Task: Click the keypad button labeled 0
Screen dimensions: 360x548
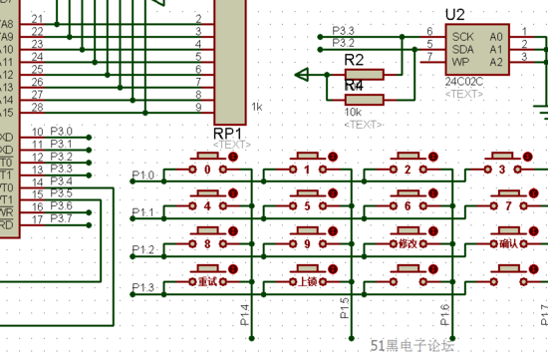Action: click(x=208, y=170)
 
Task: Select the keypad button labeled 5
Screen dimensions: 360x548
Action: click(x=308, y=206)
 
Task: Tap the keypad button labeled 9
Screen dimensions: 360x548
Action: click(x=308, y=243)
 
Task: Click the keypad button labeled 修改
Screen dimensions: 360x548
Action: click(x=408, y=243)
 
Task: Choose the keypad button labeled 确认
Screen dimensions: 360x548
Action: click(x=506, y=243)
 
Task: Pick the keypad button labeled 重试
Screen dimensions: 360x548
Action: click(x=207, y=281)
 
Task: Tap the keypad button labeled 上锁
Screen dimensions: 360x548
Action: click(x=308, y=281)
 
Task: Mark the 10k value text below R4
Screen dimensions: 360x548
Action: click(x=354, y=113)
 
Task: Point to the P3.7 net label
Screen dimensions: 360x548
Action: click(x=61, y=217)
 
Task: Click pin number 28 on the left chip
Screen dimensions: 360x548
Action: click(x=37, y=106)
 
